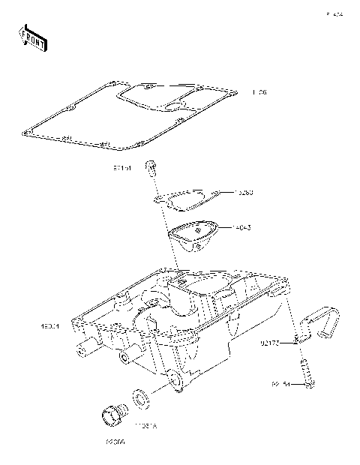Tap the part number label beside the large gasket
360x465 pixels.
point(259,93)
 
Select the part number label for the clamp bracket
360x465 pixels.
point(271,344)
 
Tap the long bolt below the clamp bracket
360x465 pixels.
point(307,373)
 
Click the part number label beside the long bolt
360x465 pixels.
point(280,384)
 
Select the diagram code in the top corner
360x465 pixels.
point(334,14)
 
